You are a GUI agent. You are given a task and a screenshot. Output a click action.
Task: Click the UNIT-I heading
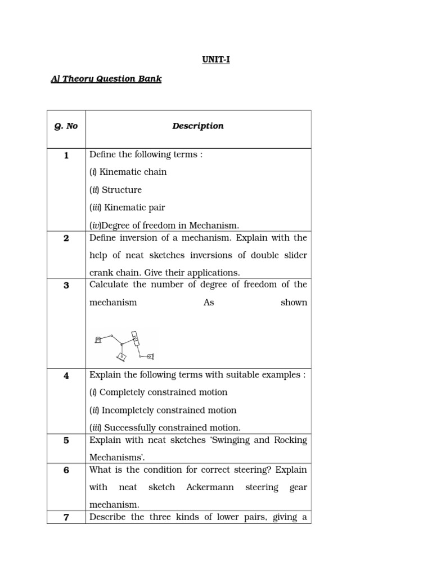pos(216,60)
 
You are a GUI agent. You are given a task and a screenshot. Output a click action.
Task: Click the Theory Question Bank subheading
pos(106,79)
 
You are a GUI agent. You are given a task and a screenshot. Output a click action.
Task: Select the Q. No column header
pos(66,126)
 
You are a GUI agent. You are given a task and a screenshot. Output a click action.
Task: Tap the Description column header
pos(197,126)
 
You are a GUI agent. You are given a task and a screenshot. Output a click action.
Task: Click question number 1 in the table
pos(66,156)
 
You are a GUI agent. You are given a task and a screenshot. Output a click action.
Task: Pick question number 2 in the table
pos(66,238)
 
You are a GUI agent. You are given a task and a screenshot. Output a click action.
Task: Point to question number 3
pos(66,285)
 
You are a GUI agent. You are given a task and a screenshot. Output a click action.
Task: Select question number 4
pos(66,376)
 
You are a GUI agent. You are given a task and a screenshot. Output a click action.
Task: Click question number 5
pos(66,441)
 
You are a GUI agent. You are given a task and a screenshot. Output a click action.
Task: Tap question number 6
pos(66,470)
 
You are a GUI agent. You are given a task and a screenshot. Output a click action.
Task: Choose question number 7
pos(66,517)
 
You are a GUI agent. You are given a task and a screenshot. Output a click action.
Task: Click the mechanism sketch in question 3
pos(123,345)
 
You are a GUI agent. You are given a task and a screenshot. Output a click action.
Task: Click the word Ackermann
pos(210,487)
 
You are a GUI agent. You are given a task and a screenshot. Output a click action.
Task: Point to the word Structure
pos(121,190)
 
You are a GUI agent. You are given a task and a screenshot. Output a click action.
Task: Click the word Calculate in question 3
pos(109,285)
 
